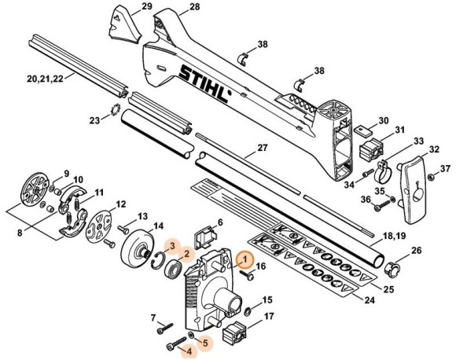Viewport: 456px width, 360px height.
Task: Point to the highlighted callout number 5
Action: (x=206, y=343)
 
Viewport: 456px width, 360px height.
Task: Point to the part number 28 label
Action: (x=194, y=7)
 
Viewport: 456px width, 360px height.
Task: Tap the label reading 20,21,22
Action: (x=43, y=78)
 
